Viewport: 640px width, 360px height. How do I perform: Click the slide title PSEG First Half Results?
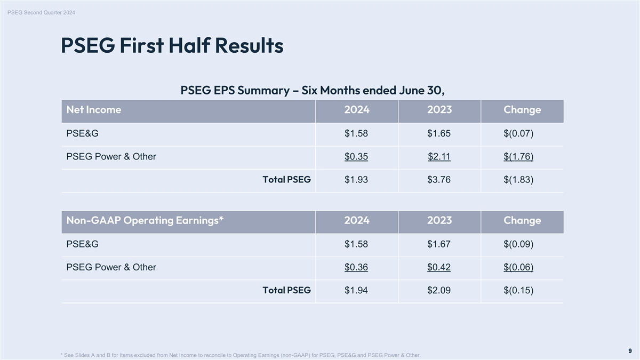point(172,46)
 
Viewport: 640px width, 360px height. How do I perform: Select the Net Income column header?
point(94,110)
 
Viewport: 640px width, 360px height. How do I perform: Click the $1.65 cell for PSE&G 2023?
point(439,133)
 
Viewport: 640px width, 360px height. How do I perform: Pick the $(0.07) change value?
point(518,133)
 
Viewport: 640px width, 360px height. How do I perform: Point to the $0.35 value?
point(356,157)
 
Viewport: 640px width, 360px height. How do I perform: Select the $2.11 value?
point(439,157)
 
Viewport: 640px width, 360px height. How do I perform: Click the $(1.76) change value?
point(518,157)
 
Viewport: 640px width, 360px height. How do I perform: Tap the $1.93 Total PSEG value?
point(356,180)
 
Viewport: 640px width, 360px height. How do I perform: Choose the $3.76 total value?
point(439,180)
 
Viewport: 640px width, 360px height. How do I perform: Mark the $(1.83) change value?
point(518,180)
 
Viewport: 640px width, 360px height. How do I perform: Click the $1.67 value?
point(439,244)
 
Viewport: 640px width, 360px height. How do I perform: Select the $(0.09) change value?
point(518,244)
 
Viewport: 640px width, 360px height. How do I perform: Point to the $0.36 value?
point(356,267)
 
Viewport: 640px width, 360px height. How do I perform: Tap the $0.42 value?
point(439,267)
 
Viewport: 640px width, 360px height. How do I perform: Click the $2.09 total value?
point(439,290)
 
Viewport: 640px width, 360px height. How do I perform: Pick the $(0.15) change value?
point(518,290)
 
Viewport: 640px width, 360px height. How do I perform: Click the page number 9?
point(630,351)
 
